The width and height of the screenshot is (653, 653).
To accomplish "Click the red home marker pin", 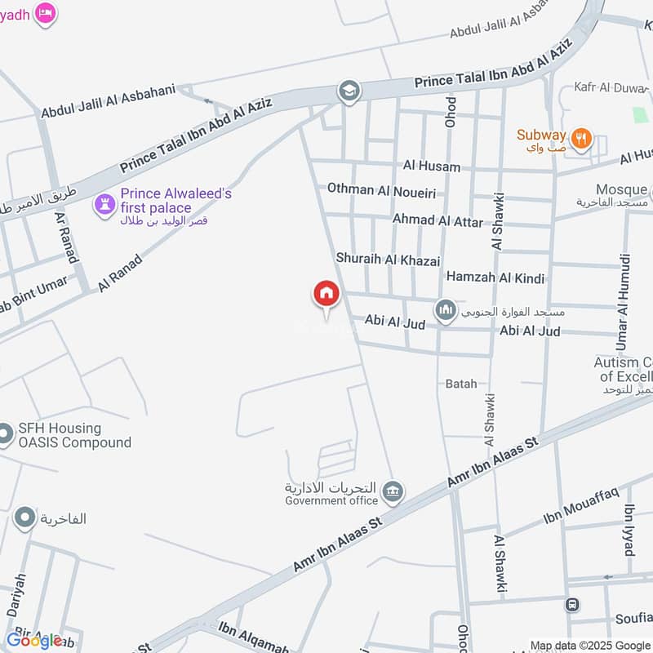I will (x=326, y=294).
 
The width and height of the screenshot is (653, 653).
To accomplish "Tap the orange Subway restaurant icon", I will (x=581, y=138).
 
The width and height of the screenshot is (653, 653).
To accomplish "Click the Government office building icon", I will (x=393, y=492).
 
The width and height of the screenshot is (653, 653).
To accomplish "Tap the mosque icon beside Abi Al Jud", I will (x=445, y=310).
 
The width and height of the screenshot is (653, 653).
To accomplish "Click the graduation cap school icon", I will (x=349, y=91).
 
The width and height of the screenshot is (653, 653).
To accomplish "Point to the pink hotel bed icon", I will (x=46, y=12).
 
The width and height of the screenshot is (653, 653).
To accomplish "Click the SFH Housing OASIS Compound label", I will (x=74, y=435).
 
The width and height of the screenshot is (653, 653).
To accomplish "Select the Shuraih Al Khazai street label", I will (x=388, y=259).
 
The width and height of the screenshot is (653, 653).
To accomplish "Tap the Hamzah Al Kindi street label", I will (x=495, y=278).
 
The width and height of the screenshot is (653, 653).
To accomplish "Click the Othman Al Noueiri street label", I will (x=381, y=189).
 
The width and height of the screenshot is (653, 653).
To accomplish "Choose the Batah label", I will (x=461, y=383).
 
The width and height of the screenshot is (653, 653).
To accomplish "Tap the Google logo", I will (x=34, y=640).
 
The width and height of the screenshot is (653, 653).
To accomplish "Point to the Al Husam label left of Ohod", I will (x=431, y=167).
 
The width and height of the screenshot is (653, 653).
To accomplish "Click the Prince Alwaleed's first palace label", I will (x=175, y=201).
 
